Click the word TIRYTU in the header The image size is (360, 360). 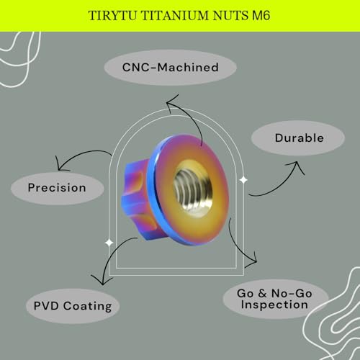pyautogui.click(x=113, y=16)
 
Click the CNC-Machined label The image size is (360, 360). pyautogui.click(x=171, y=68)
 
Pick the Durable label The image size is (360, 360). pyautogui.click(x=300, y=138)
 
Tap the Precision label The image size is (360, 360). pyautogui.click(x=57, y=188)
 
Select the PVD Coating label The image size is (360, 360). pyautogui.click(x=73, y=307)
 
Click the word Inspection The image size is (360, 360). pyautogui.click(x=274, y=305)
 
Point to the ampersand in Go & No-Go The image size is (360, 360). pyautogui.click(x=263, y=293)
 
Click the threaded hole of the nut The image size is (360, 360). pyautogui.click(x=193, y=189)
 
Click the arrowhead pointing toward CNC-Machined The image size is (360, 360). pyautogui.click(x=171, y=102)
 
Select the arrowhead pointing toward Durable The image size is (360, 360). pyautogui.click(x=296, y=166)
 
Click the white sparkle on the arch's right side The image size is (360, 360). pyautogui.click(x=243, y=180)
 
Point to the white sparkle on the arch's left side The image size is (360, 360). pyautogui.click(x=109, y=243)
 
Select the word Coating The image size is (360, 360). pyautogui.click(x=88, y=307)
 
